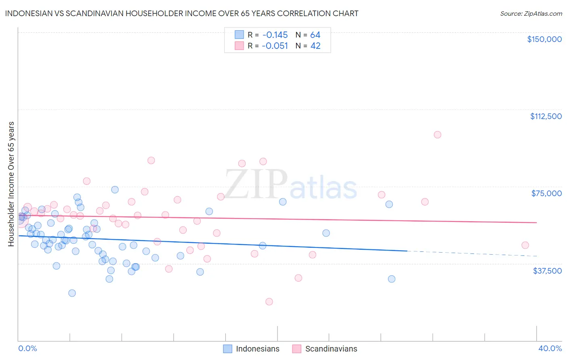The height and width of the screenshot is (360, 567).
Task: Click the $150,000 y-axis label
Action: click(544, 39)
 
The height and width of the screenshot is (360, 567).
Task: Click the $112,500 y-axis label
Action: click(546, 116)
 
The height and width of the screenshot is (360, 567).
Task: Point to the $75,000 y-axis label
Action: click(546, 193)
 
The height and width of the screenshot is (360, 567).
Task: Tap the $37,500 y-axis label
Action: click(547, 271)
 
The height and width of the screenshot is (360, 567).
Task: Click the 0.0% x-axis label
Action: click(27, 348)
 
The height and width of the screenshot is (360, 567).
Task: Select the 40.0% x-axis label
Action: click(550, 348)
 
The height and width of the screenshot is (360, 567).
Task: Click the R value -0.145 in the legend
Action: click(275, 35)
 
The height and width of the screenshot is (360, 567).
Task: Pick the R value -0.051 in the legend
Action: click(275, 46)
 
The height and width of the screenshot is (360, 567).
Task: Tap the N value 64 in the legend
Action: click(315, 35)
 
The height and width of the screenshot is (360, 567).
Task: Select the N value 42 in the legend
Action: click(315, 46)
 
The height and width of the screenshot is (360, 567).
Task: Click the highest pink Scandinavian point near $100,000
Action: click(438, 135)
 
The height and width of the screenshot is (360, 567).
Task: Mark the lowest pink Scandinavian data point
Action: click(269, 301)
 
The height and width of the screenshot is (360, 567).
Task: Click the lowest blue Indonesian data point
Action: click(72, 293)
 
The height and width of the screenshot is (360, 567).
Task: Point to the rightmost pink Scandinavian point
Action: click(525, 245)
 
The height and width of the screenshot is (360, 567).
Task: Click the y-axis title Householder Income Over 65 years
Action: click(11, 184)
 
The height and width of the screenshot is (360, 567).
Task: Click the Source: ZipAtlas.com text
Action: click(531, 14)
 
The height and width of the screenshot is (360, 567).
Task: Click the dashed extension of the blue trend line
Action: click(472, 253)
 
